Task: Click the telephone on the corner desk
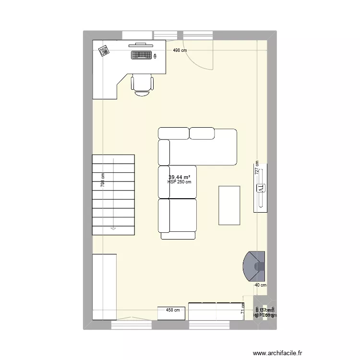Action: click(x=104, y=50)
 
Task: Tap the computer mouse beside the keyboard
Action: click(x=156, y=57)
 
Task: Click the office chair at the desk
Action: click(x=142, y=85)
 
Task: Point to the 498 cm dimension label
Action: click(x=180, y=50)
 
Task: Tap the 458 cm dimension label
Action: click(x=173, y=310)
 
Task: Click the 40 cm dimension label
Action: click(x=261, y=285)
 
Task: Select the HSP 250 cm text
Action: click(x=180, y=182)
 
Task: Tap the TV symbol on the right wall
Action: click(x=261, y=188)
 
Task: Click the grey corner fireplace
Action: click(x=255, y=266)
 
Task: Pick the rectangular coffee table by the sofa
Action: click(x=229, y=205)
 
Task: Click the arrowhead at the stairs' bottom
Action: click(x=113, y=228)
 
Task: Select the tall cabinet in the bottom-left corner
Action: click(x=104, y=287)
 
